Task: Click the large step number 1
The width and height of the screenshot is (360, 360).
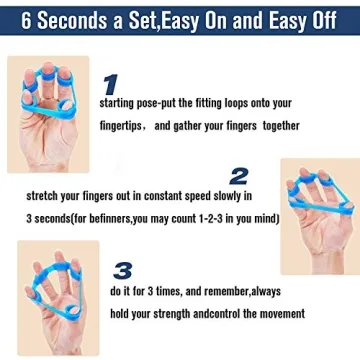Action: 111,84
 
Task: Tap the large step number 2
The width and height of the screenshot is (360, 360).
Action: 239,177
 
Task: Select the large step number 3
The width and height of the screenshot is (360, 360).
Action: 122,269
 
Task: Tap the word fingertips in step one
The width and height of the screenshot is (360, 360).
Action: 123,125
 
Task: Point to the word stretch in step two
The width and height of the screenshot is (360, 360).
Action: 44,195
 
